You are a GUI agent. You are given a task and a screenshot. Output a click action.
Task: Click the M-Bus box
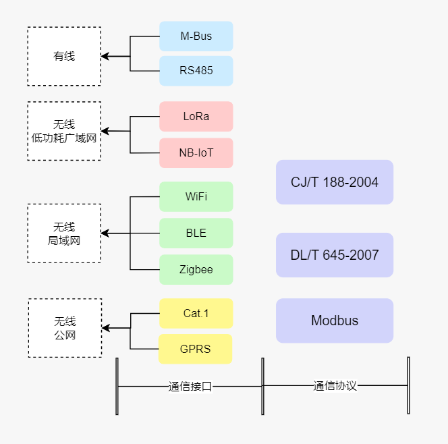pos(196,36)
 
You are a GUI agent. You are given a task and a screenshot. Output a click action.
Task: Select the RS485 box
pos(196,71)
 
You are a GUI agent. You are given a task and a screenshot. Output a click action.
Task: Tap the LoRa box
pos(196,116)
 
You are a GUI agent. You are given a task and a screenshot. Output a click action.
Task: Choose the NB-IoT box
pos(196,152)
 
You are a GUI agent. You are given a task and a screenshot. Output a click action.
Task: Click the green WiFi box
pos(196,196)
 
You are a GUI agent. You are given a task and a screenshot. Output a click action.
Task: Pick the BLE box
pos(196,233)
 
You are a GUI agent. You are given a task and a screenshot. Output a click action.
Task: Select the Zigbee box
pos(196,269)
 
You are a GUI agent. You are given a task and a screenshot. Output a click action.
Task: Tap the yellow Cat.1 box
pos(196,313)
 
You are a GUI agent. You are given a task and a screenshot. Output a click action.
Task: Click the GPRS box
pos(196,349)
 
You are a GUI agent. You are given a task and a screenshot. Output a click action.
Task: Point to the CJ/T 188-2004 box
pos(334,182)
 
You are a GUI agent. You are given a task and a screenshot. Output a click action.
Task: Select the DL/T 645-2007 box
pos(334,255)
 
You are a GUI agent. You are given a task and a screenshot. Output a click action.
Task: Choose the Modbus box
pos(334,321)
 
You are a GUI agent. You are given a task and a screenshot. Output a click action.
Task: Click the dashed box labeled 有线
pos(64,57)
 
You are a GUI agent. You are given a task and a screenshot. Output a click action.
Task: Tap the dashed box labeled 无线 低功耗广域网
pos(64,131)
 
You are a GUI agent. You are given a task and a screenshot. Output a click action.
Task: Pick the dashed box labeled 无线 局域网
pos(64,233)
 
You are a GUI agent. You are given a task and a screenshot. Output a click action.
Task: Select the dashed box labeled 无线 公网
pos(65,328)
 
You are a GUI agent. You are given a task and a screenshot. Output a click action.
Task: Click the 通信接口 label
pos(190,387)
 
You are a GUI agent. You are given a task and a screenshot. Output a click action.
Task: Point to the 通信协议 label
pos(335,386)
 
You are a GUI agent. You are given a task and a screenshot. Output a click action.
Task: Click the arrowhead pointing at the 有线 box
pos(105,57)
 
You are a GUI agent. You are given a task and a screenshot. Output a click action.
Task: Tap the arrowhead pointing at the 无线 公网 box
pos(106,329)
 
